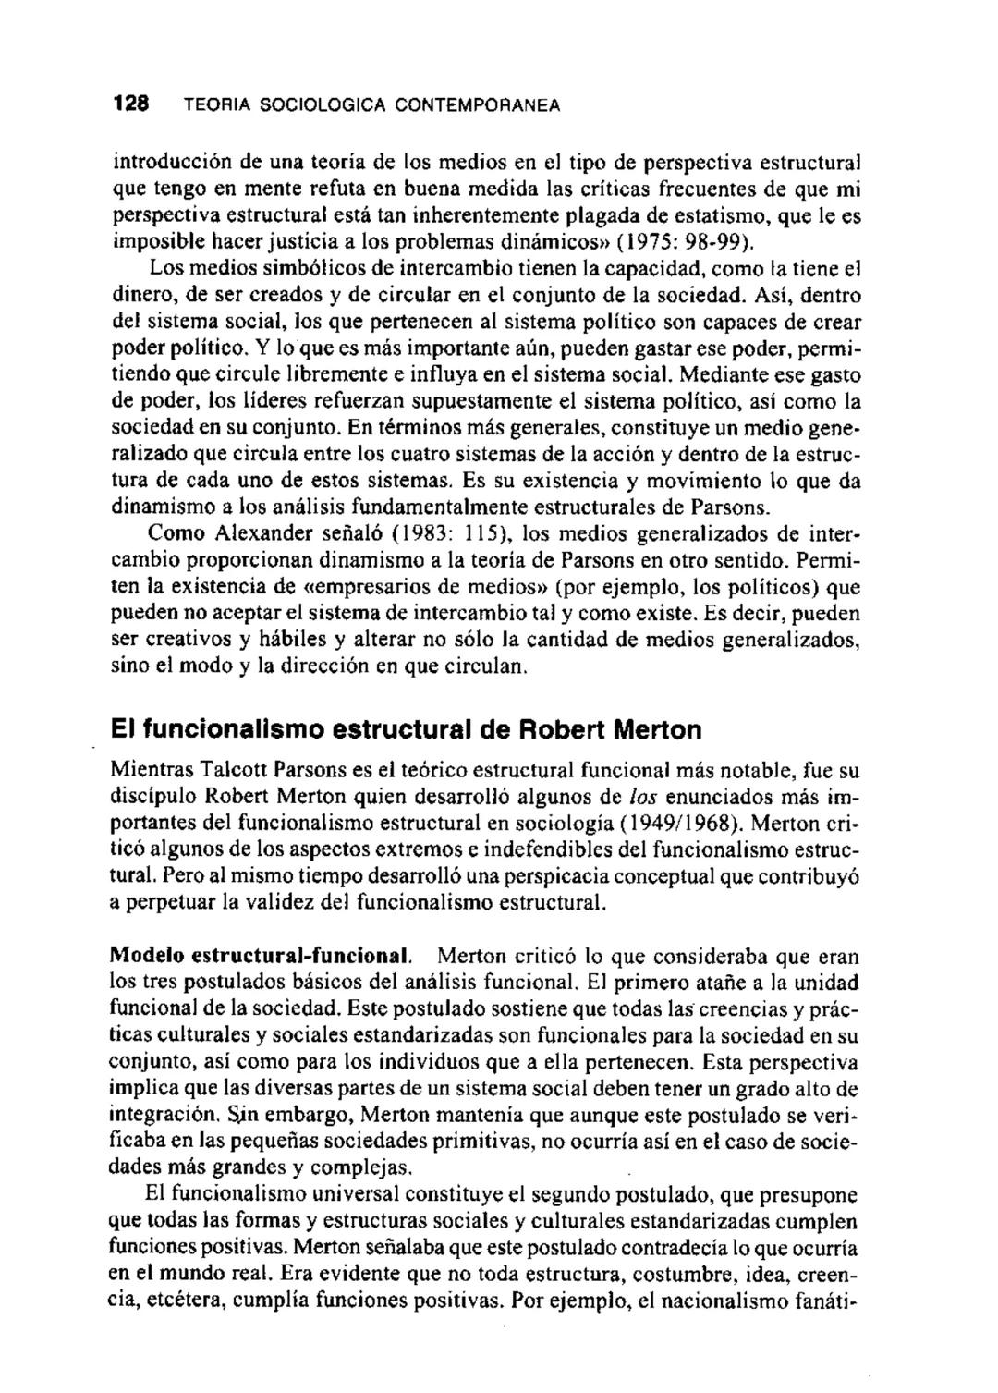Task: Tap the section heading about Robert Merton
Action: tap(406, 730)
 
